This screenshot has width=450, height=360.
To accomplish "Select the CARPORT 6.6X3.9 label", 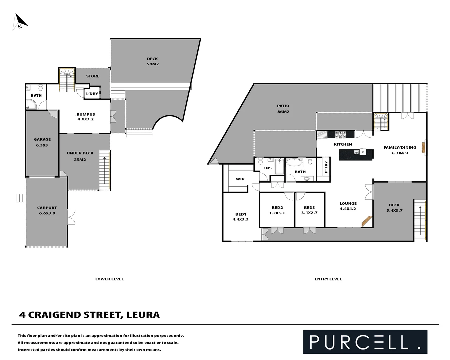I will click(47, 210).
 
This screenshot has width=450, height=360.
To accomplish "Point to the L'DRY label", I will click(92, 94).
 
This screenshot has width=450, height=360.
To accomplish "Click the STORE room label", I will click(93, 76).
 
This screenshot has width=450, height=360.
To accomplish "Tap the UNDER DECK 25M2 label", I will click(80, 156).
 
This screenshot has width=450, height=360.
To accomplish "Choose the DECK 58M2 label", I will click(153, 61).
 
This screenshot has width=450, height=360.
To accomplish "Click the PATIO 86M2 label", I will click(283, 109).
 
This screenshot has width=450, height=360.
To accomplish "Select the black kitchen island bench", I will click(356, 154).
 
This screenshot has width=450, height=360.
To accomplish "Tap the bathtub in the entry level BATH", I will click(295, 163).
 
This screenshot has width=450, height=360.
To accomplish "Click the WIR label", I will click(240, 179).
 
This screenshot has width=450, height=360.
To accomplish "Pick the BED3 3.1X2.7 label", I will click(309, 210).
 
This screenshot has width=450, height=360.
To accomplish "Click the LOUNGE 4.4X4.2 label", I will click(348, 206).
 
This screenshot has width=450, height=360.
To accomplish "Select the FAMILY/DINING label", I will click(400, 150).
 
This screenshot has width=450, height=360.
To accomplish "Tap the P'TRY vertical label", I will click(326, 167).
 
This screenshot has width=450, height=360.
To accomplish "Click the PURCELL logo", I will click(365, 342).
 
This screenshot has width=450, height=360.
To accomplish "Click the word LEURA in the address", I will click(143, 315).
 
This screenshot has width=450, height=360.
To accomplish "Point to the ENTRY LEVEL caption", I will click(328, 279).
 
